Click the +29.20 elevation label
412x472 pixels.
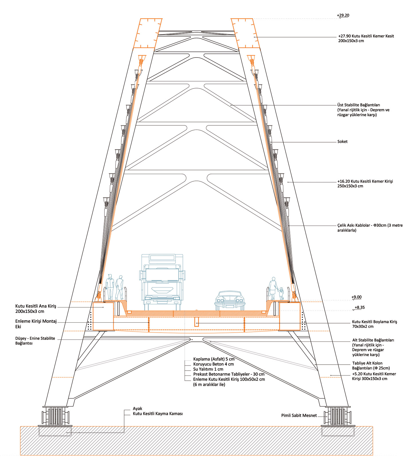click(x=343, y=15)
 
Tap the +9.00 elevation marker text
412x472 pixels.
click(x=356, y=297)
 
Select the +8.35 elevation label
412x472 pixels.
click(x=360, y=307)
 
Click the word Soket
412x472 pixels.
click(x=342, y=141)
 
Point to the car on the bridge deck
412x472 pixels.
click(x=230, y=300)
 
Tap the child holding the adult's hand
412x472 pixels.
click(x=282, y=293)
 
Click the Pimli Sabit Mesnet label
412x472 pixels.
click(x=299, y=415)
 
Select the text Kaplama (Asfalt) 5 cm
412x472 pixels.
click(x=214, y=359)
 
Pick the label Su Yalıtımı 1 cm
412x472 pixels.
click(x=208, y=369)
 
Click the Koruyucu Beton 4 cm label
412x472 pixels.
click(x=213, y=364)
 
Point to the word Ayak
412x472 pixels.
click(x=137, y=408)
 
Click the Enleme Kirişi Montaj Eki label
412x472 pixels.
click(x=36, y=324)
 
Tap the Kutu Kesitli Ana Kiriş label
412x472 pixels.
click(x=35, y=309)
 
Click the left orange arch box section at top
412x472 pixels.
click(x=147, y=33)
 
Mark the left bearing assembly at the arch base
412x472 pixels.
click(x=56, y=416)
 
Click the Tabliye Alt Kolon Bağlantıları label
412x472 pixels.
click(x=371, y=366)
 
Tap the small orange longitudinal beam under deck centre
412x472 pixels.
click(x=197, y=322)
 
